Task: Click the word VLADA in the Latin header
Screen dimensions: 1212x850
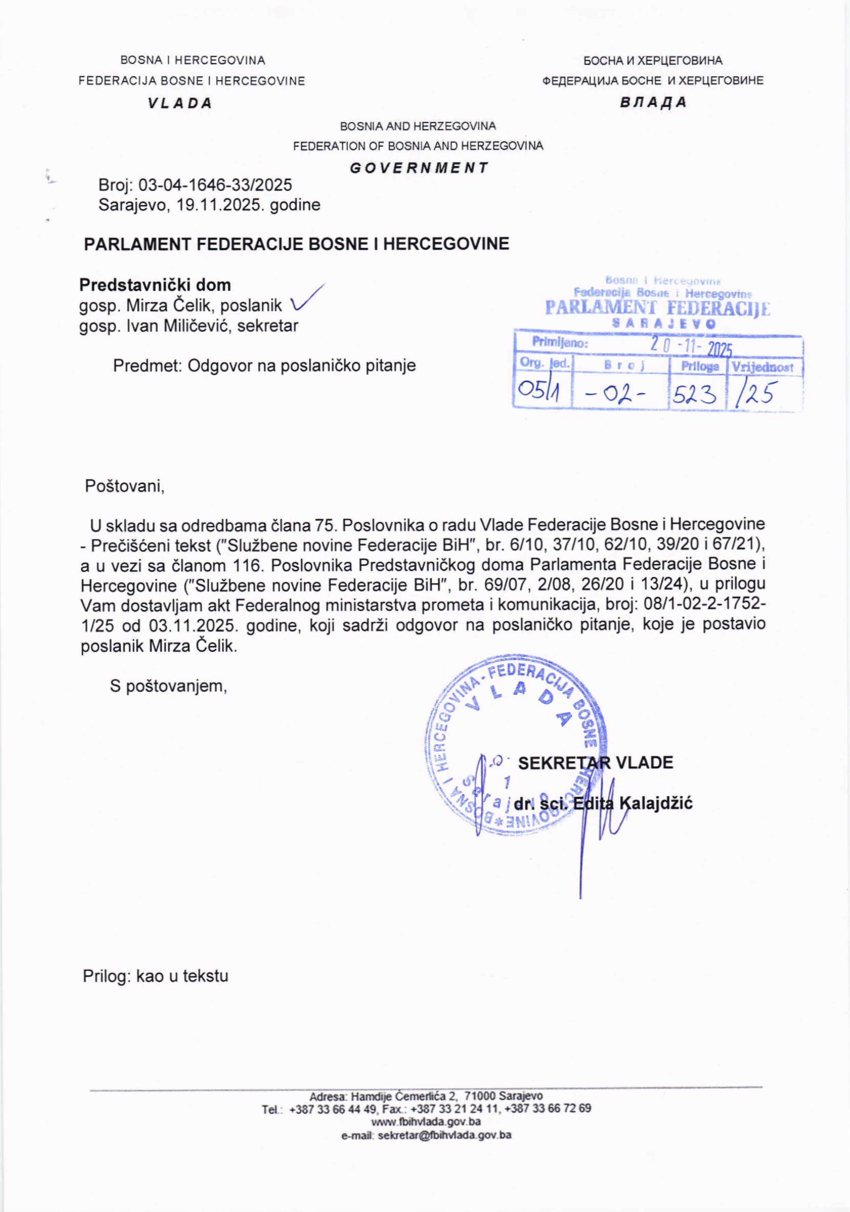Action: coord(180,103)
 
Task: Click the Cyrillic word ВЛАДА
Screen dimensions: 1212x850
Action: coord(653,102)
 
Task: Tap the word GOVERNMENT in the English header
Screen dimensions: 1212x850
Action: coord(419,168)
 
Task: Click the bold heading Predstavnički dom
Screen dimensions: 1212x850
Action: coord(155,285)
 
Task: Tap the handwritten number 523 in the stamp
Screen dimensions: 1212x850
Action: coord(692,393)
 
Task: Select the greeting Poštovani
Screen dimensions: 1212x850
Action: coord(125,486)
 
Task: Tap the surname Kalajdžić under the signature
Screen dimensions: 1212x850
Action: coord(656,803)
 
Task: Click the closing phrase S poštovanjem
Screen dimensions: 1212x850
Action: coord(168,686)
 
